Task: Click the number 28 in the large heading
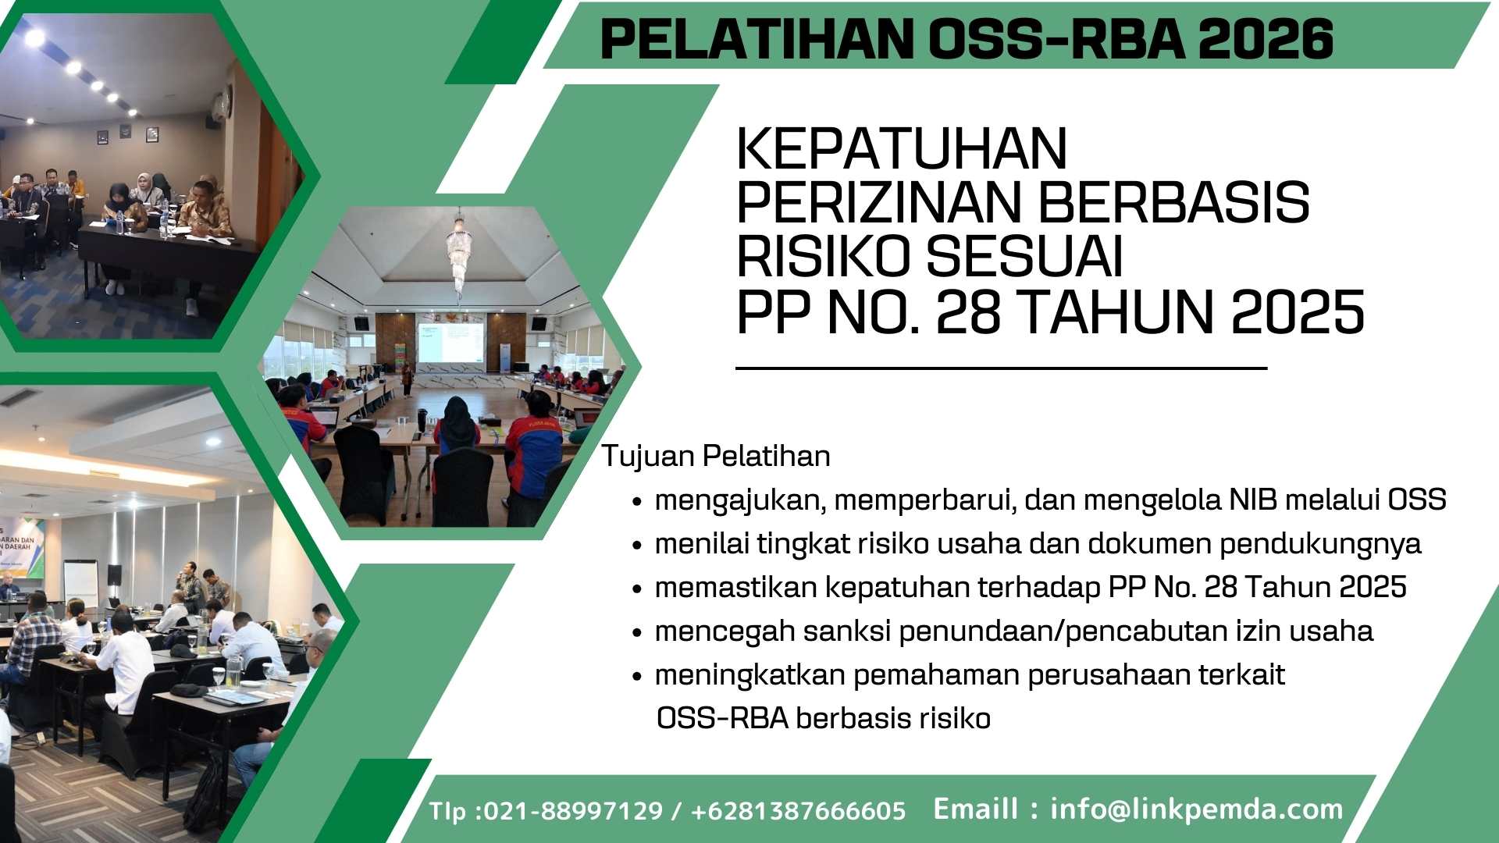tap(968, 312)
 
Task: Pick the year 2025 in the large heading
tap(1298, 312)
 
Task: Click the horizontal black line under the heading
tap(1001, 368)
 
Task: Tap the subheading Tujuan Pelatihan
tap(716, 456)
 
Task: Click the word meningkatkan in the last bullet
tap(750, 675)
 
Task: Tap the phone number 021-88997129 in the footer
tap(574, 811)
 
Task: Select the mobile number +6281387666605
tap(799, 811)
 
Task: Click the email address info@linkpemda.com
tap(1197, 809)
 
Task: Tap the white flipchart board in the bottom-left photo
tap(80, 581)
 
